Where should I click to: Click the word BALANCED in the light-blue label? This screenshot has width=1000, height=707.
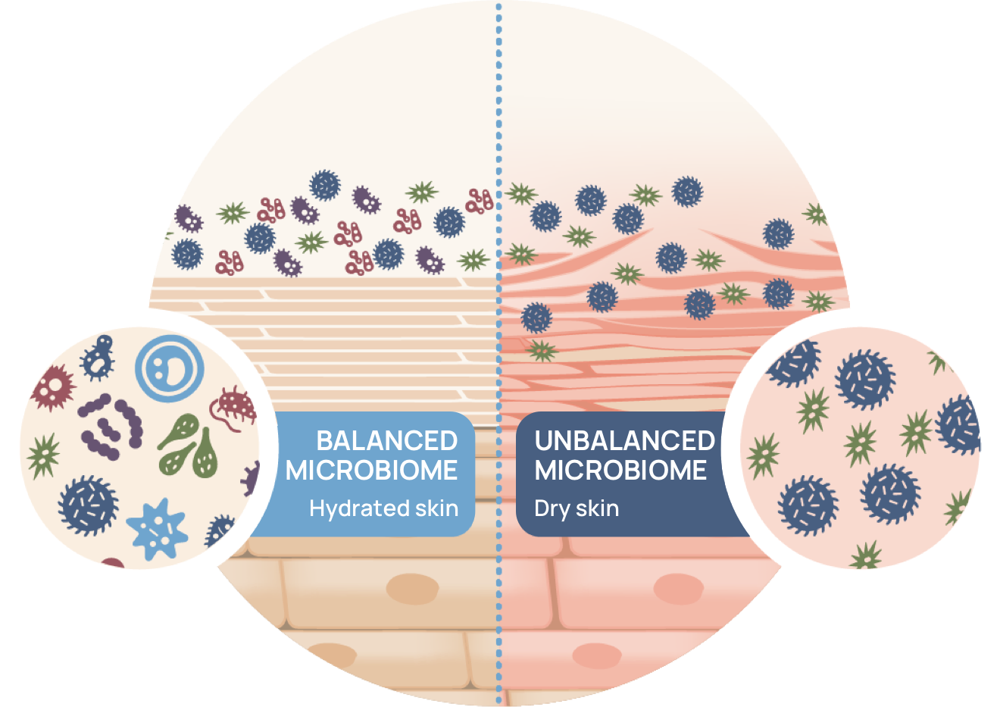(x=386, y=441)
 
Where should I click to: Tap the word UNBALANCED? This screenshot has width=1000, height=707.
(x=624, y=441)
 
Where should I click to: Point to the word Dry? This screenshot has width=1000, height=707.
(x=552, y=508)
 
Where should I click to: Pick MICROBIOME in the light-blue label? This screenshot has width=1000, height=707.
(x=371, y=471)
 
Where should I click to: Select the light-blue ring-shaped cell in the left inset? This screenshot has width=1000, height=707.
(x=170, y=369)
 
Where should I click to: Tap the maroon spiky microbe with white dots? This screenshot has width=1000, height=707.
(x=53, y=386)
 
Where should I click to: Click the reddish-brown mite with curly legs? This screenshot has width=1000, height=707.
(x=236, y=405)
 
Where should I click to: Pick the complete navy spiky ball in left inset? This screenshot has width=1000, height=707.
(x=89, y=505)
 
